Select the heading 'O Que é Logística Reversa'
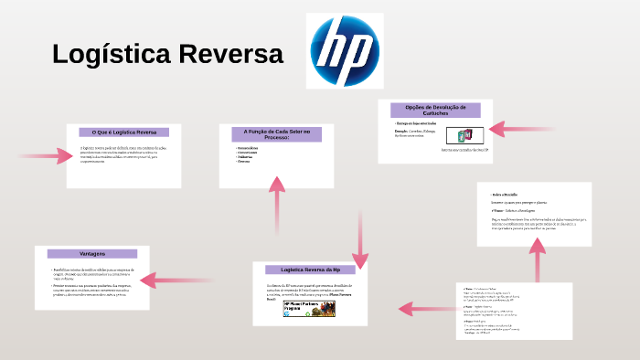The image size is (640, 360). [119, 132]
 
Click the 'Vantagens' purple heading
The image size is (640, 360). [92, 253]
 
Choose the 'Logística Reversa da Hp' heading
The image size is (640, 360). [310, 270]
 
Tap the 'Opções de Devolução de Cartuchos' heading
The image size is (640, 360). [434, 109]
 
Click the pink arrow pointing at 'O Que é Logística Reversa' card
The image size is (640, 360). [46, 156]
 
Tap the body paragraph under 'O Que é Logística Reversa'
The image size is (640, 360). [119, 153]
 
